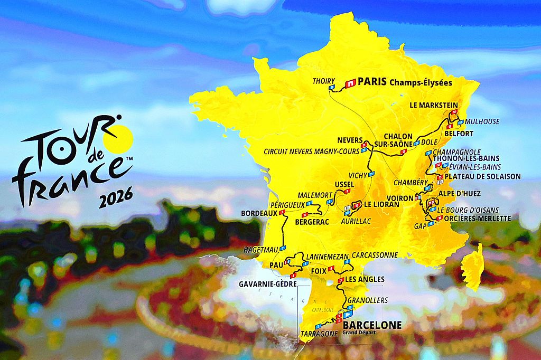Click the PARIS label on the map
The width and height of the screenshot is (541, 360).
coord(372,82)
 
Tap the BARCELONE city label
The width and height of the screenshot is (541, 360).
coord(372,325)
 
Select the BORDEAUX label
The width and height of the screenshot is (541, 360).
coord(259,213)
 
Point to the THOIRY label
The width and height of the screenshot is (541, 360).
coord(324,81)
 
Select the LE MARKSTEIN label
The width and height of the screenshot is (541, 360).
coord(434,105)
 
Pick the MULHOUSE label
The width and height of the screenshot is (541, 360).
coord(482,121)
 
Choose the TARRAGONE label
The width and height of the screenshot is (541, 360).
coord(319,334)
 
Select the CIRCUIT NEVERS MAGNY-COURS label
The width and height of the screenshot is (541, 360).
coord(312,151)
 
